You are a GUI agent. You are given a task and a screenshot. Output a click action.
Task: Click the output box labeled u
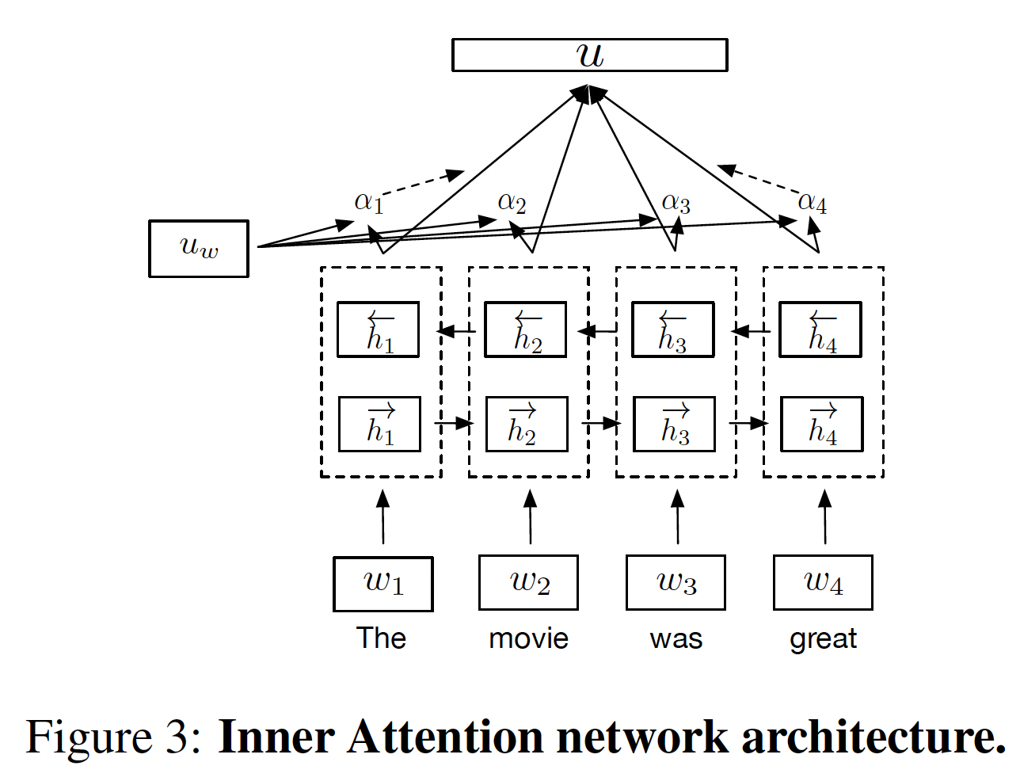(589, 55)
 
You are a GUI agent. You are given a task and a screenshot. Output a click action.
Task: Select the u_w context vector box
(199, 249)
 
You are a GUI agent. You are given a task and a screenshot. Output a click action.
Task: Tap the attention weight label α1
(369, 202)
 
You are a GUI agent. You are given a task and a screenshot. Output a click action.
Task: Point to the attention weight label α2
(512, 203)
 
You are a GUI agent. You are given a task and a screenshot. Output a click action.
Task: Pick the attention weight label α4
(813, 203)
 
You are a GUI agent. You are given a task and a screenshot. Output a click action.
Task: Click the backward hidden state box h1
(379, 330)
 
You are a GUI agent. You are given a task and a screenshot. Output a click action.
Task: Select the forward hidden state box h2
(527, 425)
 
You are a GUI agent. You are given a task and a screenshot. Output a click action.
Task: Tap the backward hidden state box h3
(673, 330)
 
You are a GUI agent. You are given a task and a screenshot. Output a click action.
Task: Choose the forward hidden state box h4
(822, 425)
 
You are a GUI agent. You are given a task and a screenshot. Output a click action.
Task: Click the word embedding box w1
(383, 585)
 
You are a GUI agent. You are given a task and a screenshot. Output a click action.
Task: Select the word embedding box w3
(676, 583)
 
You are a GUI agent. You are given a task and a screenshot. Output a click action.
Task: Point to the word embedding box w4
(823, 583)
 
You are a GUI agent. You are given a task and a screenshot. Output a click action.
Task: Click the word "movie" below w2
(528, 638)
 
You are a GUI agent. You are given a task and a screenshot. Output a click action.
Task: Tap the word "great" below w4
(823, 639)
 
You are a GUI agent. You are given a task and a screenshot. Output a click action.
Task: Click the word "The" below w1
(381, 638)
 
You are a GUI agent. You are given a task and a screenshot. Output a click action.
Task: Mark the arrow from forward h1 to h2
(454, 424)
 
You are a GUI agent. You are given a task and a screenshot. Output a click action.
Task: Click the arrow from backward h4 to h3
(751, 330)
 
